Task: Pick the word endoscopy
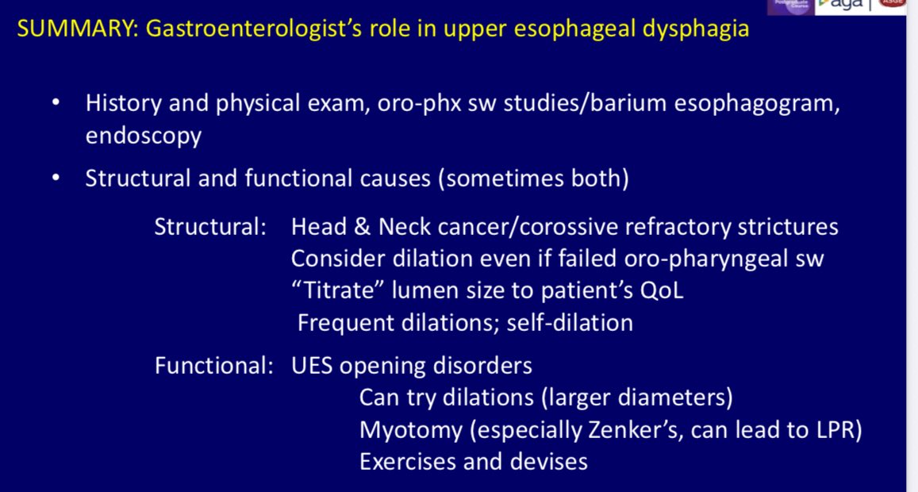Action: pyautogui.click(x=143, y=136)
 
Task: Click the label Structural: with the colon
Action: pyautogui.click(x=209, y=227)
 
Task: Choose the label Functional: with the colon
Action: pyautogui.click(x=212, y=367)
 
